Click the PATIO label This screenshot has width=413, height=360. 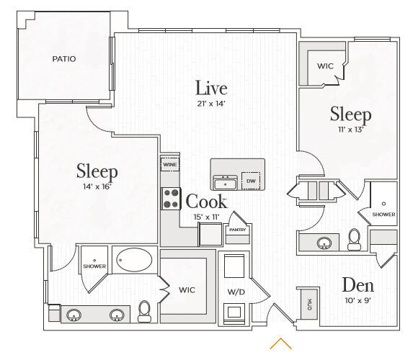click(x=64, y=59)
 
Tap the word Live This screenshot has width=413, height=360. click(x=211, y=88)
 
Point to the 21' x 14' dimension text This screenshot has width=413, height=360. click(x=211, y=104)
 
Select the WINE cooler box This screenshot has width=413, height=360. click(x=170, y=164)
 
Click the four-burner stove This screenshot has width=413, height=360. click(x=171, y=199)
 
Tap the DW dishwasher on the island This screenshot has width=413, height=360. click(x=251, y=181)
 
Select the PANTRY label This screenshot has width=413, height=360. click(x=237, y=230)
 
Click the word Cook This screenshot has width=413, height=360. click(x=206, y=202)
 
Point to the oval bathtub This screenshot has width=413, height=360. click(x=134, y=259)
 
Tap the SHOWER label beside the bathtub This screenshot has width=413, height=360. click(x=94, y=266)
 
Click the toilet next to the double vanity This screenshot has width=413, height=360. click(x=144, y=312)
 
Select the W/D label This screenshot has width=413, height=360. click(x=236, y=292)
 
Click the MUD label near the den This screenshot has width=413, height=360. click(x=309, y=305)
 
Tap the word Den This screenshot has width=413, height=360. click(x=358, y=285)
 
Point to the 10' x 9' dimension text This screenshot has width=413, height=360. click(x=358, y=300)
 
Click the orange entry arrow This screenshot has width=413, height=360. click(x=281, y=343)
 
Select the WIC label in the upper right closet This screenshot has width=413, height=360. click(x=325, y=66)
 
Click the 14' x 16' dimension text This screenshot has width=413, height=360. click(x=97, y=186)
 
